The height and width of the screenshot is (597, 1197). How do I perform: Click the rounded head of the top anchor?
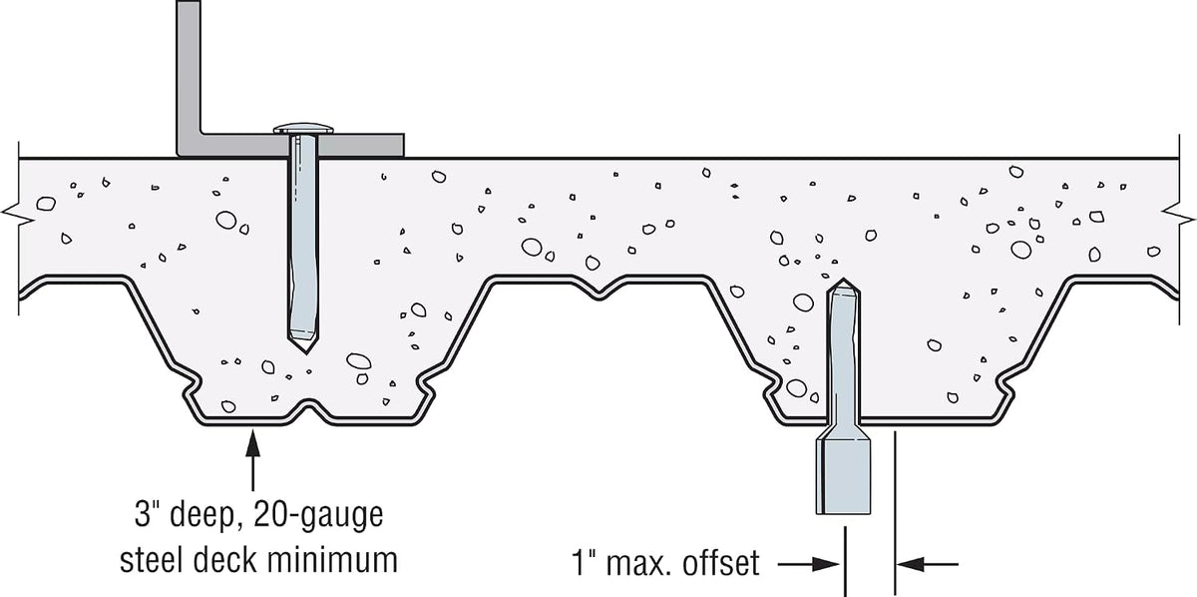click(303, 129)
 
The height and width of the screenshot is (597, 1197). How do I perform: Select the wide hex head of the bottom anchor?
click(843, 476)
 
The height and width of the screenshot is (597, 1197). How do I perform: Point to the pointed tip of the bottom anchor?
click(844, 280)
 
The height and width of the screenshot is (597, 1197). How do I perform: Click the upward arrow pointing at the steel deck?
click(252, 460)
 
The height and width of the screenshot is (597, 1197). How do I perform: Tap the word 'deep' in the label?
click(201, 515)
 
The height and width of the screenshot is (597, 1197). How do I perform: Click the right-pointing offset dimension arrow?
click(808, 564)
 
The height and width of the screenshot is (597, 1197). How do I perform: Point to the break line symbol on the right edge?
click(1178, 215)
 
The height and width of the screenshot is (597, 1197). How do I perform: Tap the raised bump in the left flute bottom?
click(308, 409)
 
